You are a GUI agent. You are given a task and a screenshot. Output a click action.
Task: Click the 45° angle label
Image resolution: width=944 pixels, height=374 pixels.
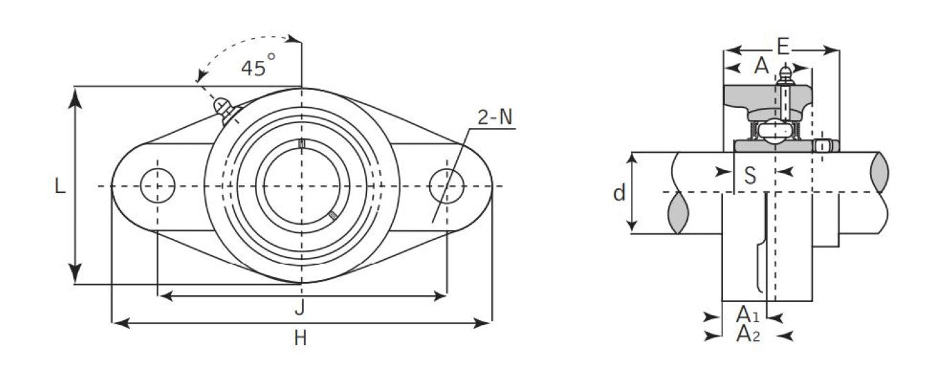pyautogui.click(x=258, y=67)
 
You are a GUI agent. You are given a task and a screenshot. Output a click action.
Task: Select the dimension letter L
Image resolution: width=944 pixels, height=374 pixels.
pyautogui.click(x=60, y=186)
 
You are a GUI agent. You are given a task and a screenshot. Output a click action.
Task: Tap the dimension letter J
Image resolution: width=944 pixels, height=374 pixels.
pyautogui.click(x=299, y=308)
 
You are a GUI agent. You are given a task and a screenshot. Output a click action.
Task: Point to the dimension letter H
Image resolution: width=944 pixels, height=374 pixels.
pyautogui.click(x=300, y=338)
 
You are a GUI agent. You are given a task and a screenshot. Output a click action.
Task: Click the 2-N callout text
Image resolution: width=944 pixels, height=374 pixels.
pyautogui.click(x=495, y=118)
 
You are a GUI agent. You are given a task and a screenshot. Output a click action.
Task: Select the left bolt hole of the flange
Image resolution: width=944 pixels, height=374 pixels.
pyautogui.click(x=158, y=186)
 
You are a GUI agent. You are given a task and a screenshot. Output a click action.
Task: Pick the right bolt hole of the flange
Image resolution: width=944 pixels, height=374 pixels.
pyautogui.click(x=446, y=186)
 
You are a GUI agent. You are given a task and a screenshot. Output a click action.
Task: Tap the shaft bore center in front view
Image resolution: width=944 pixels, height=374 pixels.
pyautogui.click(x=301, y=186)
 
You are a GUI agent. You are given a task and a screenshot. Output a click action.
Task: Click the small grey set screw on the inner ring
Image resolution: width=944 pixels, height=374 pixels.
pyautogui.click(x=334, y=216)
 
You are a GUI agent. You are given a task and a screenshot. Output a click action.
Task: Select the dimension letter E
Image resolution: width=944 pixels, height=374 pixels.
pyautogui.click(x=782, y=47)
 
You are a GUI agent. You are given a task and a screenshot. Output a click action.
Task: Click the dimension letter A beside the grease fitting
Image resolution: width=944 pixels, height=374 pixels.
pyautogui.click(x=762, y=66)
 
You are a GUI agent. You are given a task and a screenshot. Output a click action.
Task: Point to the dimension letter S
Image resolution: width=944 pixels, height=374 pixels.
pyautogui.click(x=750, y=176)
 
